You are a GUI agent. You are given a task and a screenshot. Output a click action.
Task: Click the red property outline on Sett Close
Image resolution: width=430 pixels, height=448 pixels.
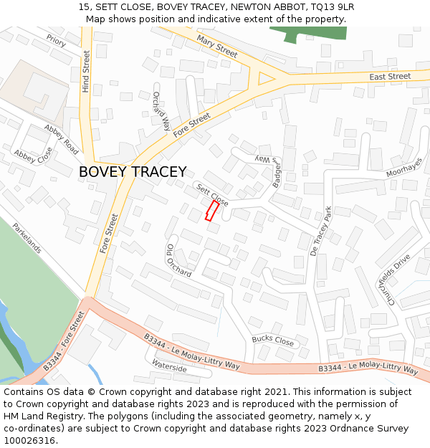pos(212,211)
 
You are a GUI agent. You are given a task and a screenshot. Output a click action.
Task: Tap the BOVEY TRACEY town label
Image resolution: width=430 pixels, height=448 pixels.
pos(133,172)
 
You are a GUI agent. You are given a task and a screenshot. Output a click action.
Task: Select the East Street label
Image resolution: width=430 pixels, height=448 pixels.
pos(390,76)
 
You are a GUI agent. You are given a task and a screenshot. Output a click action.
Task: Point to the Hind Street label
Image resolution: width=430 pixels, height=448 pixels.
pos(86,71)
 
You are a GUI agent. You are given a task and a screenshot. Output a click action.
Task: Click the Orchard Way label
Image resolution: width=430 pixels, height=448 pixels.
pos(161,112)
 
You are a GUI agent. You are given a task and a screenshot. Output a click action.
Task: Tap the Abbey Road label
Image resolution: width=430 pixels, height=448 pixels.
pos(62,139)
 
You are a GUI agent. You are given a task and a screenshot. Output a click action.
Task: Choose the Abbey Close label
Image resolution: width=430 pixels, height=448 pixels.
pos(33,155)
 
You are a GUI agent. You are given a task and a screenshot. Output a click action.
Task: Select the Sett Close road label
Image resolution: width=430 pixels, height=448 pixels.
pos(212,194)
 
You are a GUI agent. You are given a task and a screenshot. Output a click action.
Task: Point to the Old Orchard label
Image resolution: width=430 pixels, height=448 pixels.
pos(178,260)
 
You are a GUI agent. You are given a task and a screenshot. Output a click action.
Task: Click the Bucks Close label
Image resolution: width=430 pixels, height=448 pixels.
pos(273,340)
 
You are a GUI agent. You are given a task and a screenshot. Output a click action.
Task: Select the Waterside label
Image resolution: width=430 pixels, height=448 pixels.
pos(170,368)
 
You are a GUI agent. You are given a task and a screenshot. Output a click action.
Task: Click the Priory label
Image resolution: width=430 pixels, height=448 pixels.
pos(56,41)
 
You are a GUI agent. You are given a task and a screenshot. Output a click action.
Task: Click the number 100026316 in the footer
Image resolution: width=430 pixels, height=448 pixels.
pos(29,440)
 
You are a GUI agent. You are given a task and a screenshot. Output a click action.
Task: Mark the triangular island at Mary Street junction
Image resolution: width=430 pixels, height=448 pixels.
pos(266,80)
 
